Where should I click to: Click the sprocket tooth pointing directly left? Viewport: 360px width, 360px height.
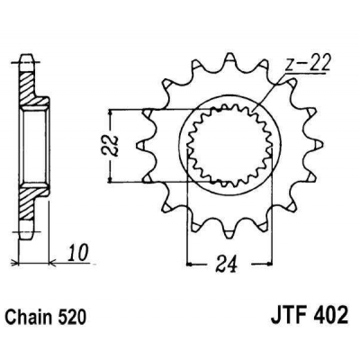(139, 144)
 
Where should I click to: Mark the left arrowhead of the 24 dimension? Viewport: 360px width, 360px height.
(190, 265)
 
